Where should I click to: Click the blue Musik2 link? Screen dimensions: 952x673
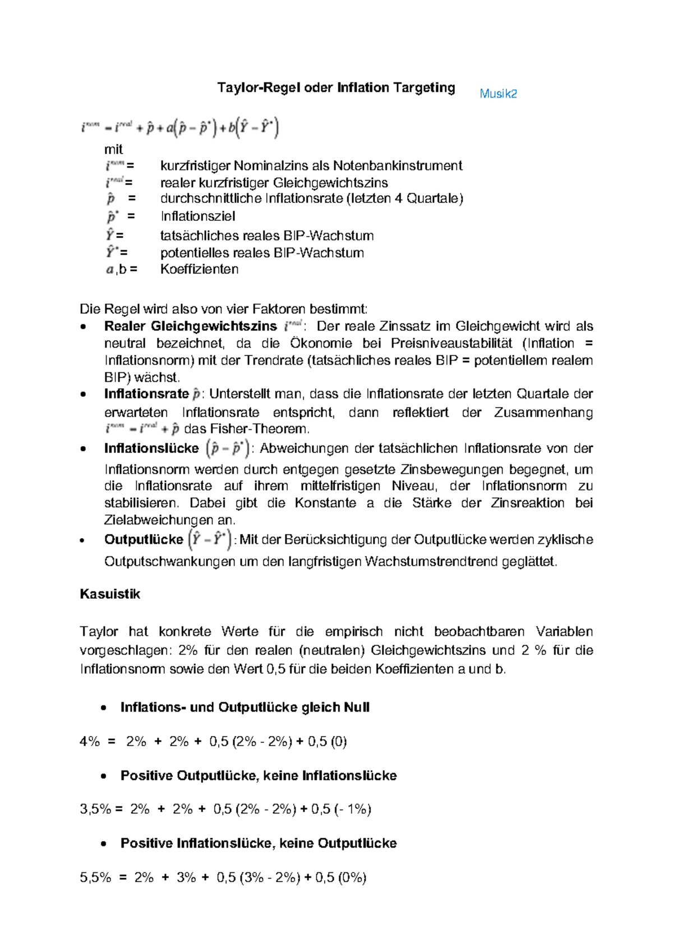(498, 94)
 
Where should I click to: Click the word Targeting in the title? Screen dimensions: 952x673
(424, 87)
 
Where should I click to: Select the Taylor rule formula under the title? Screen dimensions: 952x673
(179, 128)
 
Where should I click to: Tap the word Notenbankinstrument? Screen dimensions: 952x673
(398, 165)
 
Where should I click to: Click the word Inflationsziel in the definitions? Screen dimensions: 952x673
(197, 216)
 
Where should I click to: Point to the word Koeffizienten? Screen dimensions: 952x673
(199, 269)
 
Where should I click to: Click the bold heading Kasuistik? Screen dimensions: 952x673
(110, 594)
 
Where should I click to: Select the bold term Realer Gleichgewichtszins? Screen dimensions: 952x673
(190, 326)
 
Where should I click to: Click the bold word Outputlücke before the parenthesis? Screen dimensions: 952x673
(144, 539)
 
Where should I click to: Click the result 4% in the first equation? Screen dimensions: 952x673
(90, 741)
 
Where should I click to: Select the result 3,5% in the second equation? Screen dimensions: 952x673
(95, 809)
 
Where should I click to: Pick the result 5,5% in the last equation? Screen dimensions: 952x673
(95, 877)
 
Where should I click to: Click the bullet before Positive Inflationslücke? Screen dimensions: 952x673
(103, 844)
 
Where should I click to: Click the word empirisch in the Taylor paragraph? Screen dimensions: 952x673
(353, 631)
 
